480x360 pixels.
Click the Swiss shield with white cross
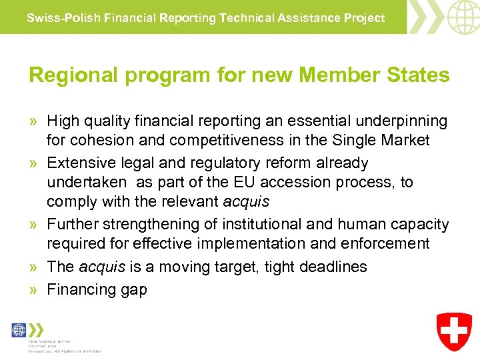(454, 331)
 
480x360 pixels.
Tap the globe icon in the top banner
(463, 17)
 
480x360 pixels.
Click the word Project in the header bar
(363, 18)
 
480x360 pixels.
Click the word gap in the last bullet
(133, 290)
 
